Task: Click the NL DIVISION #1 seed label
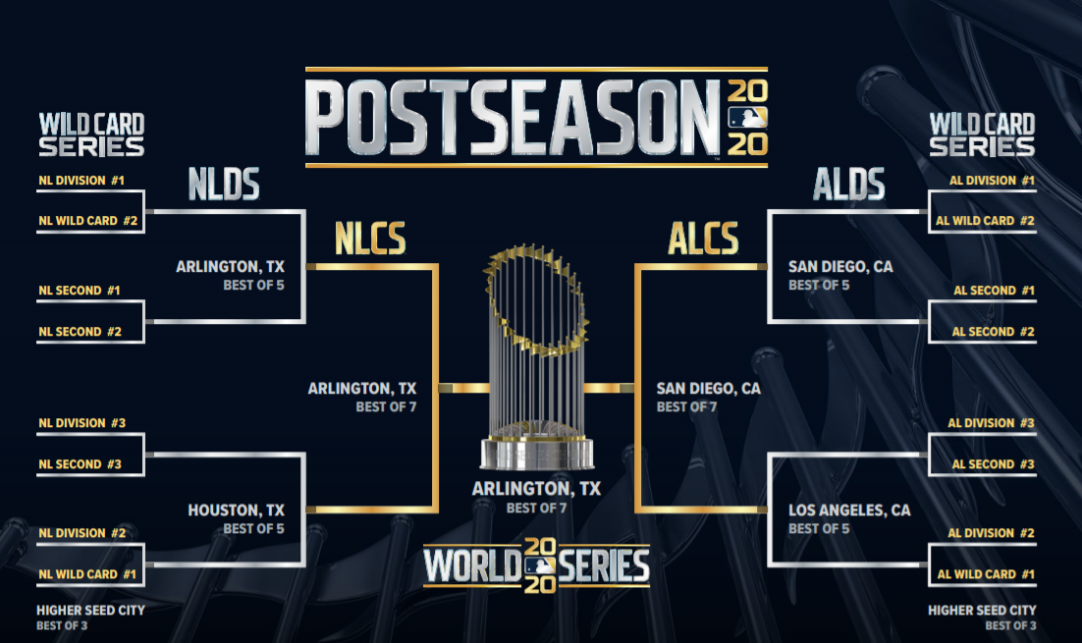pyautogui.click(x=81, y=181)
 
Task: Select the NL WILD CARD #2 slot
pyautogui.click(x=87, y=221)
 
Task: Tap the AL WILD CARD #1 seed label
pyautogui.click(x=986, y=574)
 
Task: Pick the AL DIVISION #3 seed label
pyautogui.click(x=991, y=423)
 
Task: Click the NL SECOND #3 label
pyautogui.click(x=81, y=464)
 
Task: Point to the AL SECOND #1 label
pyautogui.click(x=994, y=291)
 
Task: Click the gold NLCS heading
pyautogui.click(x=370, y=239)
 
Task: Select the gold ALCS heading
pyautogui.click(x=703, y=239)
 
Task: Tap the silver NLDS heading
pyautogui.click(x=224, y=185)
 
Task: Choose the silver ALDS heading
pyautogui.click(x=848, y=185)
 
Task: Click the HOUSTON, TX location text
pyautogui.click(x=236, y=510)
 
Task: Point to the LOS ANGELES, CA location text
pyautogui.click(x=849, y=510)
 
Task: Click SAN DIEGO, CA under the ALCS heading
pyautogui.click(x=709, y=389)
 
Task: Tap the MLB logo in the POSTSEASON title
pyautogui.click(x=747, y=118)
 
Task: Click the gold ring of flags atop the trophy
pyautogui.click(x=535, y=299)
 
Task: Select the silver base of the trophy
pyautogui.click(x=537, y=453)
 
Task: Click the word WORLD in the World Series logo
pyautogui.click(x=472, y=565)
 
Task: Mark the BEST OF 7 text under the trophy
pyautogui.click(x=536, y=509)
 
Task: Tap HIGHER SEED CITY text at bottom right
pyautogui.click(x=982, y=611)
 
